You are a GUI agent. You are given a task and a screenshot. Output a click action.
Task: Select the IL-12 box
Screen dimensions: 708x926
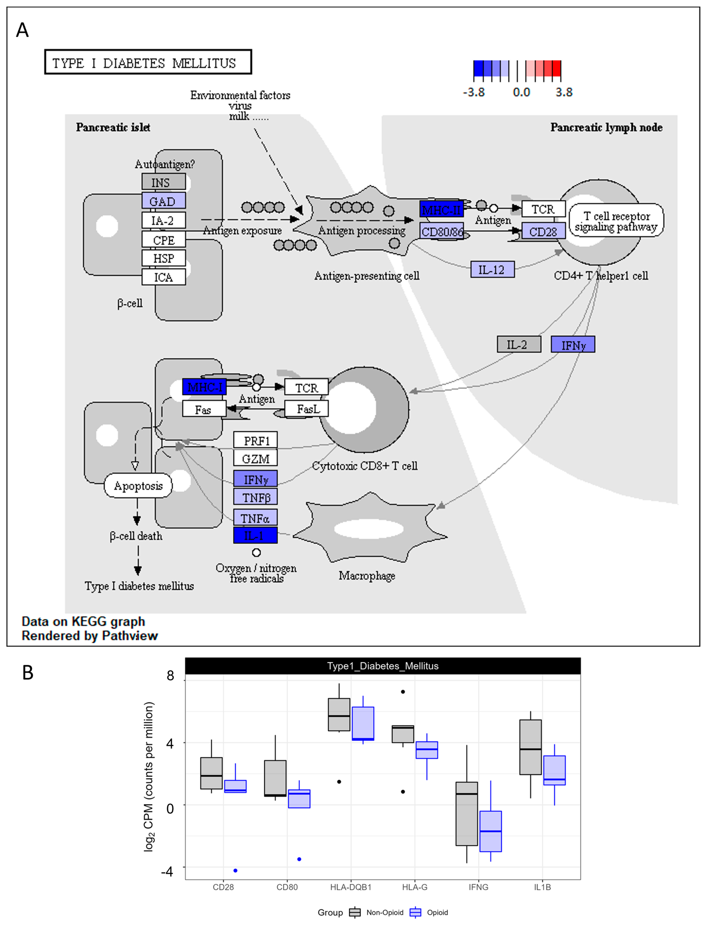point(492,269)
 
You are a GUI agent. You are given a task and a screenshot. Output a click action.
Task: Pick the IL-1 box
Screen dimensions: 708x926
point(255,535)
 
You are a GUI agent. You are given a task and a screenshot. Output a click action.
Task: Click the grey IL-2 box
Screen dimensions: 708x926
point(519,344)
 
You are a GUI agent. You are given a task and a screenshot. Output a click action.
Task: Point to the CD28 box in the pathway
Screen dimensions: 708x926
point(544,231)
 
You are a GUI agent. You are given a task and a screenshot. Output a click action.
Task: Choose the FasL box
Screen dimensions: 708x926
point(306,409)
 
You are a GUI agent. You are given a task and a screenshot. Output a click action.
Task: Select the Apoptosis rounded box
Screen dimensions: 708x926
point(138,486)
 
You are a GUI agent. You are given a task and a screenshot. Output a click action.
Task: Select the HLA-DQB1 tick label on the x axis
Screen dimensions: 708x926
point(351,887)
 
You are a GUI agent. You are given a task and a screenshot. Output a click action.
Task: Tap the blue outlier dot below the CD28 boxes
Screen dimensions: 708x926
point(235,870)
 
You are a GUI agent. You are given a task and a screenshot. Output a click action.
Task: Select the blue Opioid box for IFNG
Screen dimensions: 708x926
point(490,831)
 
